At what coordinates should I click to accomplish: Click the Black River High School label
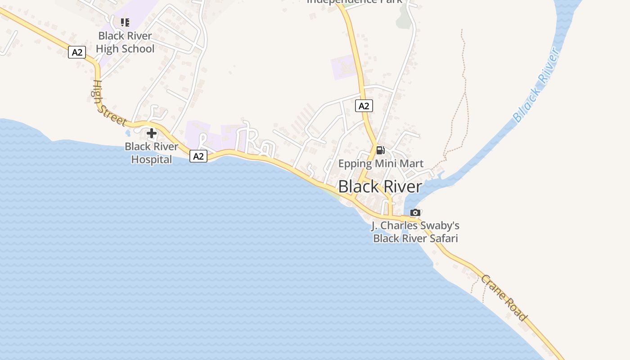(126, 42)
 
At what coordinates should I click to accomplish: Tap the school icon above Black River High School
(125, 22)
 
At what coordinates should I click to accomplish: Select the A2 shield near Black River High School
(77, 52)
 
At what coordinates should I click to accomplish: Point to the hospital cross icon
(152, 133)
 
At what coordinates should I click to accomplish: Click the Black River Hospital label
(151, 153)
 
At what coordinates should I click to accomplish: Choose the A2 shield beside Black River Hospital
(198, 156)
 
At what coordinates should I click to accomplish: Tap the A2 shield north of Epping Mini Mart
(364, 106)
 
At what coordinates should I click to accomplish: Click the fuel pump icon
(380, 150)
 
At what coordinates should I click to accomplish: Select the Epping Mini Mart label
(381, 163)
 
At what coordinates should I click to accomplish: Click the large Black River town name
(380, 186)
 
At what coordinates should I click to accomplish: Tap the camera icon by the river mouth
(415, 212)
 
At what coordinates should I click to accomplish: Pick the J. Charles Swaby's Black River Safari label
(415, 232)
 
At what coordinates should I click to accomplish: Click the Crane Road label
(504, 298)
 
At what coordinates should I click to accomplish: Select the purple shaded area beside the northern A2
(344, 67)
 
